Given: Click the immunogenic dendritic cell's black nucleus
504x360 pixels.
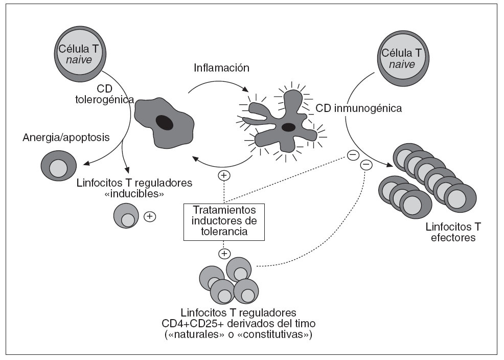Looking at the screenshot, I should (288, 127).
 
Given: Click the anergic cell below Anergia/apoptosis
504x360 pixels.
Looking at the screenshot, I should (59, 166).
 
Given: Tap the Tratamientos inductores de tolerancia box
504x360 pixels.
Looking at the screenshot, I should (224, 221).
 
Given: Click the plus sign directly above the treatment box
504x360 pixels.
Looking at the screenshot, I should (223, 176).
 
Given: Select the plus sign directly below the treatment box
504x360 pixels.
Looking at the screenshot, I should (223, 253).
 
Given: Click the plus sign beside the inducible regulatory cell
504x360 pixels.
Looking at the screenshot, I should (149, 216).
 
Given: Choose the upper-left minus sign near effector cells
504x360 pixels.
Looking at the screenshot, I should (352, 154).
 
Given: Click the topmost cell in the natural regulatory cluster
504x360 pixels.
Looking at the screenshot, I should (239, 269).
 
